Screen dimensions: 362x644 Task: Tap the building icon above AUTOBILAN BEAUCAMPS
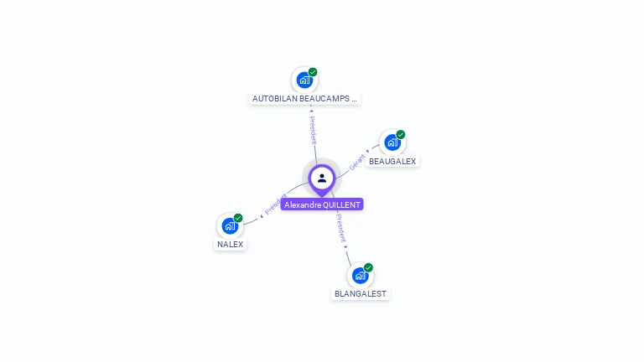[x=304, y=80]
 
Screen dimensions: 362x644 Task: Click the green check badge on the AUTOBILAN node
[x=313, y=72]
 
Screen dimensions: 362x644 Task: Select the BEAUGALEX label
[x=392, y=161]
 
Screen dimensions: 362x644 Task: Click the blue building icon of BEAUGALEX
[x=392, y=142]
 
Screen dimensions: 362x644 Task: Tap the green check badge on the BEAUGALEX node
[x=401, y=135]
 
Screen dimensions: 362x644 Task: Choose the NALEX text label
[x=230, y=245]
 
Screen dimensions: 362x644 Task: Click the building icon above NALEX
[x=229, y=226]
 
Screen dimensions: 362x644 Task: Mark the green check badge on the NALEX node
[x=238, y=218]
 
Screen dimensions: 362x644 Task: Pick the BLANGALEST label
[x=361, y=294]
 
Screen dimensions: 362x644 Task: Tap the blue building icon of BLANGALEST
[x=360, y=276]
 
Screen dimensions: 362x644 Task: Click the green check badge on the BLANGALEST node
[x=368, y=268]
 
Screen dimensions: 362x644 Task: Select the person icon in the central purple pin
[x=322, y=178]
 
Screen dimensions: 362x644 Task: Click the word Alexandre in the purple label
[x=302, y=204]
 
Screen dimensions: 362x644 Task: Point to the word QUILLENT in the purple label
[x=342, y=204]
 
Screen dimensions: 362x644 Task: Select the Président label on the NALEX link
[x=275, y=204]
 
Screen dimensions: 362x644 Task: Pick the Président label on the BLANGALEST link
[x=340, y=228]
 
